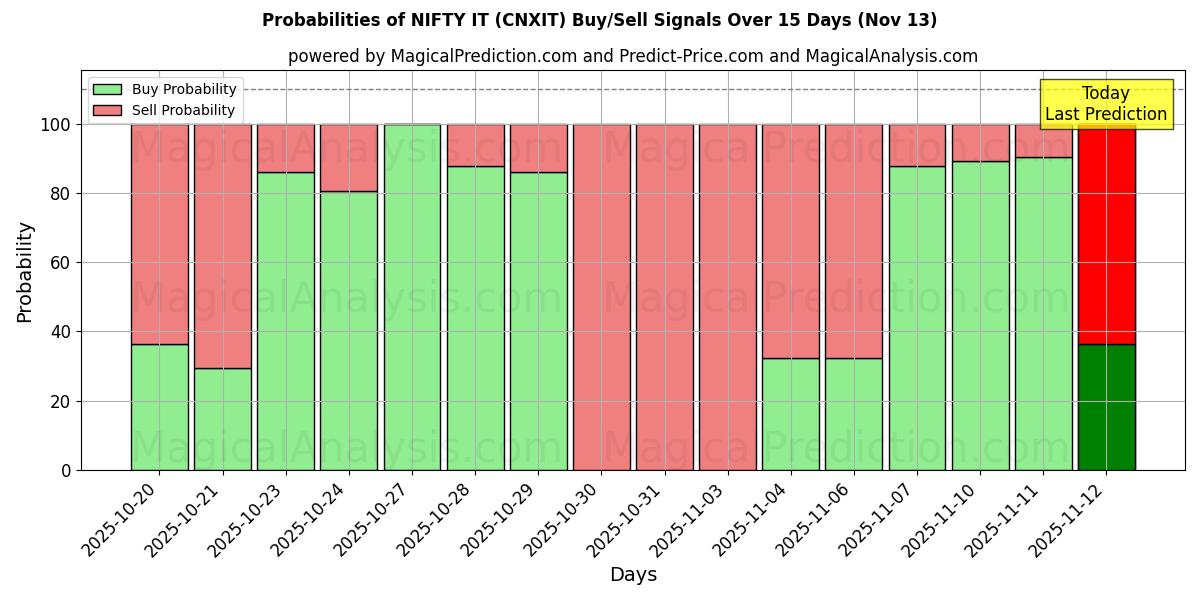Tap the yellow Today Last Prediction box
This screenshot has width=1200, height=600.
pyautogui.click(x=1105, y=104)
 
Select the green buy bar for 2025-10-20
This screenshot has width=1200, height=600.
pyautogui.click(x=159, y=407)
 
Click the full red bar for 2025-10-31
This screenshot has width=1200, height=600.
pyautogui.click(x=664, y=297)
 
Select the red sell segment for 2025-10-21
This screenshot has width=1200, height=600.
pyautogui.click(x=222, y=246)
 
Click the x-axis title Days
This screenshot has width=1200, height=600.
pyautogui.click(x=633, y=575)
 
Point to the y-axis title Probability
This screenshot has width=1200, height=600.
pyautogui.click(x=25, y=272)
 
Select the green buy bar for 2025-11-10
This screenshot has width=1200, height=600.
pyautogui.click(x=980, y=315)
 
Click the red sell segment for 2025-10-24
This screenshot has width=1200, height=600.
pyautogui.click(x=349, y=158)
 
